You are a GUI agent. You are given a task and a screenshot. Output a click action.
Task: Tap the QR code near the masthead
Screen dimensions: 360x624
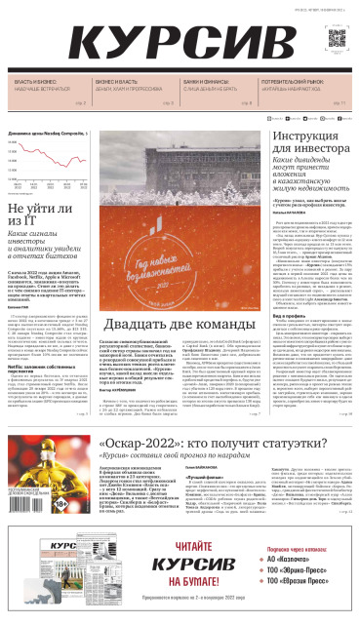click(338, 39)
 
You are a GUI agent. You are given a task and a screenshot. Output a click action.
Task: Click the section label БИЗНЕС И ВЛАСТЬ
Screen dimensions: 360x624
click(115, 82)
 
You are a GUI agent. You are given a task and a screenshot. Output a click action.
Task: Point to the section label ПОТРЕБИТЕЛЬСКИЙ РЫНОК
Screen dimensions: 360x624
click(294, 82)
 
